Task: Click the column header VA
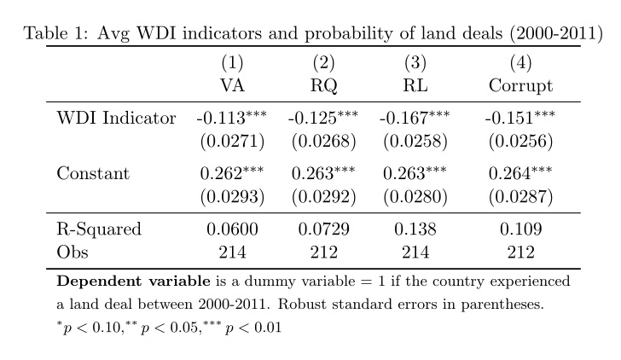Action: coord(232,85)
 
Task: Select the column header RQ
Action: coord(323,85)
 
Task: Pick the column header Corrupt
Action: coord(520,85)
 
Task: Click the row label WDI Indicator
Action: coord(116,118)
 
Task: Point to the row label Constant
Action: coord(93,174)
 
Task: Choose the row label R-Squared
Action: coord(99,229)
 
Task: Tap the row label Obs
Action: coord(73,252)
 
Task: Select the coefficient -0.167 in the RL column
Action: coord(408,118)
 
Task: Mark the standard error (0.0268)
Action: coord(323,141)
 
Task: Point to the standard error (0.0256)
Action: coord(520,141)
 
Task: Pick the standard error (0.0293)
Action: coord(232,197)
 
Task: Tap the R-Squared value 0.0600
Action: coord(232,229)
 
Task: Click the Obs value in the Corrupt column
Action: coord(520,252)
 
